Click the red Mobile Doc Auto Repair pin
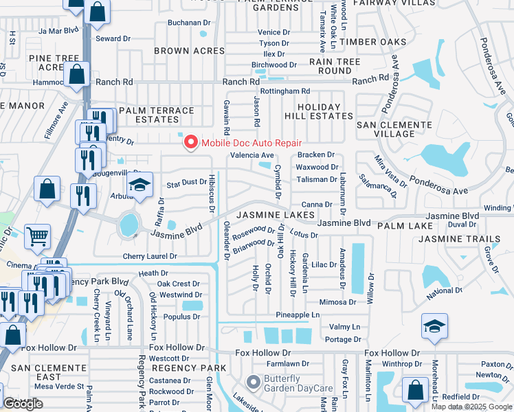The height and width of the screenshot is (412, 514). coord(190,143)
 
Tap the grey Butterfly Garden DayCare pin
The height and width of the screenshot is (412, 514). coord(253,381)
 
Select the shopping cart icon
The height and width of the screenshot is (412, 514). coord(38,237)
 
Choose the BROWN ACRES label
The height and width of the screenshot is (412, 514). coord(181,51)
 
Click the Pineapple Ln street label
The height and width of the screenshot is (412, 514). coord(298,314)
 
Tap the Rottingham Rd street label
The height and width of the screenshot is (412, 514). coord(285,91)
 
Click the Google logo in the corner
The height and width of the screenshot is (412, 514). coord(23,404)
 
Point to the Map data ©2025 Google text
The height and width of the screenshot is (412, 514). coord(471,407)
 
